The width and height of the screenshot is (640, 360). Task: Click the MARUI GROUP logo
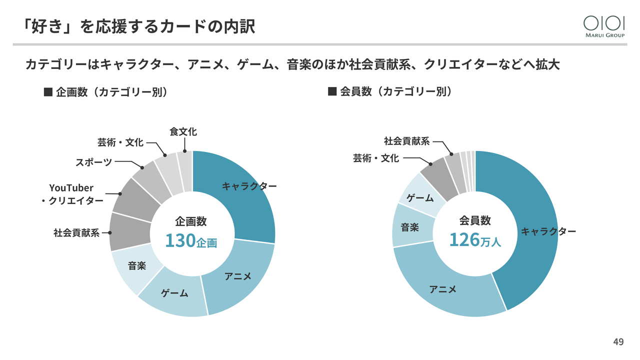pos(604,25)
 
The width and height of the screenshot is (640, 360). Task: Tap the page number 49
pos(618,342)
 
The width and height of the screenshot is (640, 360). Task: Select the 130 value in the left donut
pos(180,240)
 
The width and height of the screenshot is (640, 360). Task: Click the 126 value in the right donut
pos(464,240)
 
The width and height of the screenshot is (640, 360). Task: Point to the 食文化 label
pos(183,132)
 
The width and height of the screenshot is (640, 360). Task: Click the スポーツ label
pos(93,162)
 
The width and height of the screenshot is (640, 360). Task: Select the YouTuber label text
pos(71,188)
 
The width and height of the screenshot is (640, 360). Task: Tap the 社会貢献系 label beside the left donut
pos(76,232)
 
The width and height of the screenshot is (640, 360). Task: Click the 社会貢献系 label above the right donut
pos(406,141)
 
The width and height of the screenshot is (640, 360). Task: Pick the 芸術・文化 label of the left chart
pos(120,142)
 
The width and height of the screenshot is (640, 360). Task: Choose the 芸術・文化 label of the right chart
pos(376,158)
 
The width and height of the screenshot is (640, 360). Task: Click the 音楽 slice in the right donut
pos(410,228)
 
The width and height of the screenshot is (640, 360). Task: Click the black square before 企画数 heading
pos(48,92)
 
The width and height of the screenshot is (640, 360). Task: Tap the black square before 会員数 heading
pos(331,92)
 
